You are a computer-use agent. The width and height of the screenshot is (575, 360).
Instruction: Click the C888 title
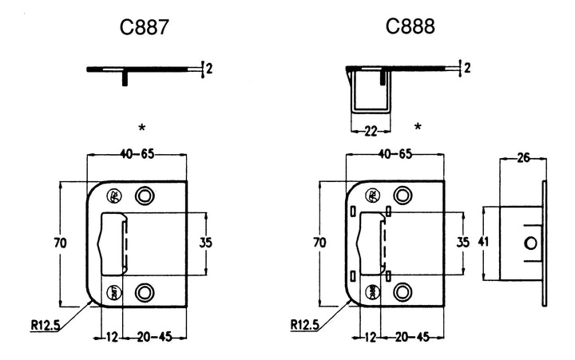click(x=410, y=27)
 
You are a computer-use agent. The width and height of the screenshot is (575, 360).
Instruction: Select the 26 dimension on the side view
click(x=525, y=158)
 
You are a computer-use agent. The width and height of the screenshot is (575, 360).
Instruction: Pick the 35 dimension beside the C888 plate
click(x=462, y=242)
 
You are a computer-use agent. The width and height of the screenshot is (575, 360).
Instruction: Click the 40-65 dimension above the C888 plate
click(x=395, y=153)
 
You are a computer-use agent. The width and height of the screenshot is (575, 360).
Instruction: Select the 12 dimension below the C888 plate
click(x=371, y=337)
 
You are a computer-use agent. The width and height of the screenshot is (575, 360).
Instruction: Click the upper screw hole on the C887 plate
click(x=144, y=196)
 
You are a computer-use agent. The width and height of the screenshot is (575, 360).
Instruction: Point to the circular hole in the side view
click(x=529, y=243)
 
